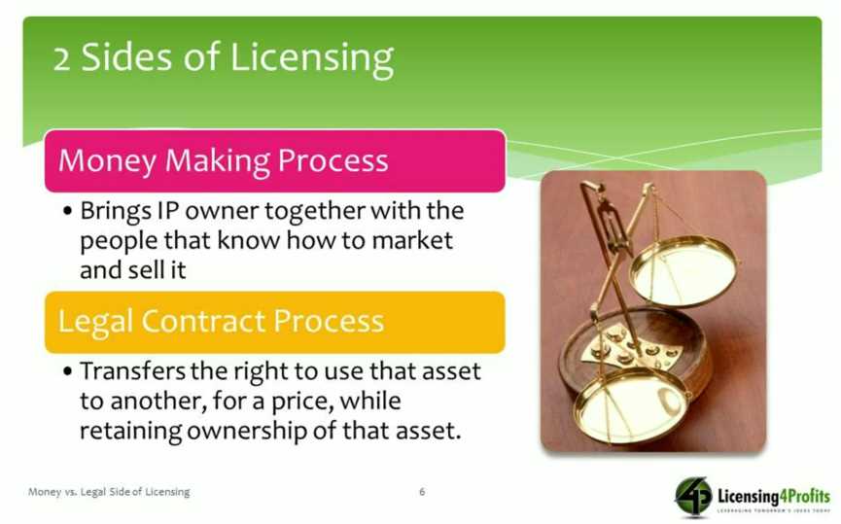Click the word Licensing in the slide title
click(x=312, y=59)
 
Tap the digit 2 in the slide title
click(x=61, y=59)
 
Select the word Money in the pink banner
click(x=107, y=161)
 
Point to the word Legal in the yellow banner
click(x=95, y=321)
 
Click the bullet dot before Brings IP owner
click(x=67, y=211)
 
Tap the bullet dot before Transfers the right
click(x=67, y=371)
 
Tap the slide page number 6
click(x=422, y=492)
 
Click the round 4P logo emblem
click(x=693, y=497)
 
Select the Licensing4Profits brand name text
click(x=773, y=495)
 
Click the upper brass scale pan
click(x=683, y=271)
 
